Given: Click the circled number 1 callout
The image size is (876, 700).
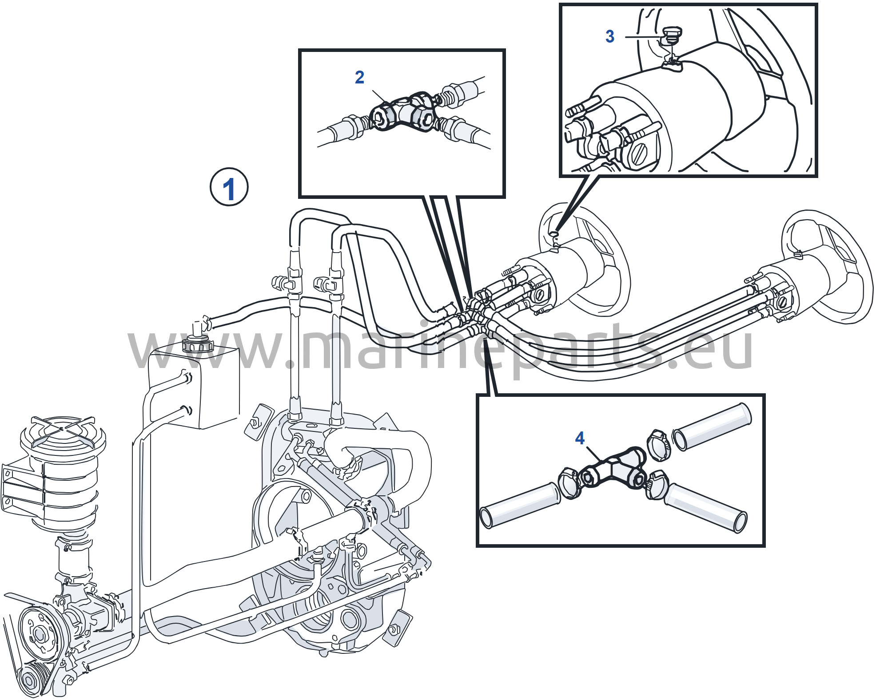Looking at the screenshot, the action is point(229,187).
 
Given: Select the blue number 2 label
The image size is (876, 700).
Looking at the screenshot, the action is point(360,77).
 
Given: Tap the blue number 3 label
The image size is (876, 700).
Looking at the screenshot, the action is point(610,36).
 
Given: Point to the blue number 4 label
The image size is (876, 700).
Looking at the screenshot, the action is point(580,438).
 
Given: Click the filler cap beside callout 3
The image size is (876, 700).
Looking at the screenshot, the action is point(671,35).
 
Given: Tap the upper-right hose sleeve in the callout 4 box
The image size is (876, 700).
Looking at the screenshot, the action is point(712,426).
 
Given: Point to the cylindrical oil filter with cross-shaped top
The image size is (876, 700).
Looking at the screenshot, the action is point(62,471).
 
